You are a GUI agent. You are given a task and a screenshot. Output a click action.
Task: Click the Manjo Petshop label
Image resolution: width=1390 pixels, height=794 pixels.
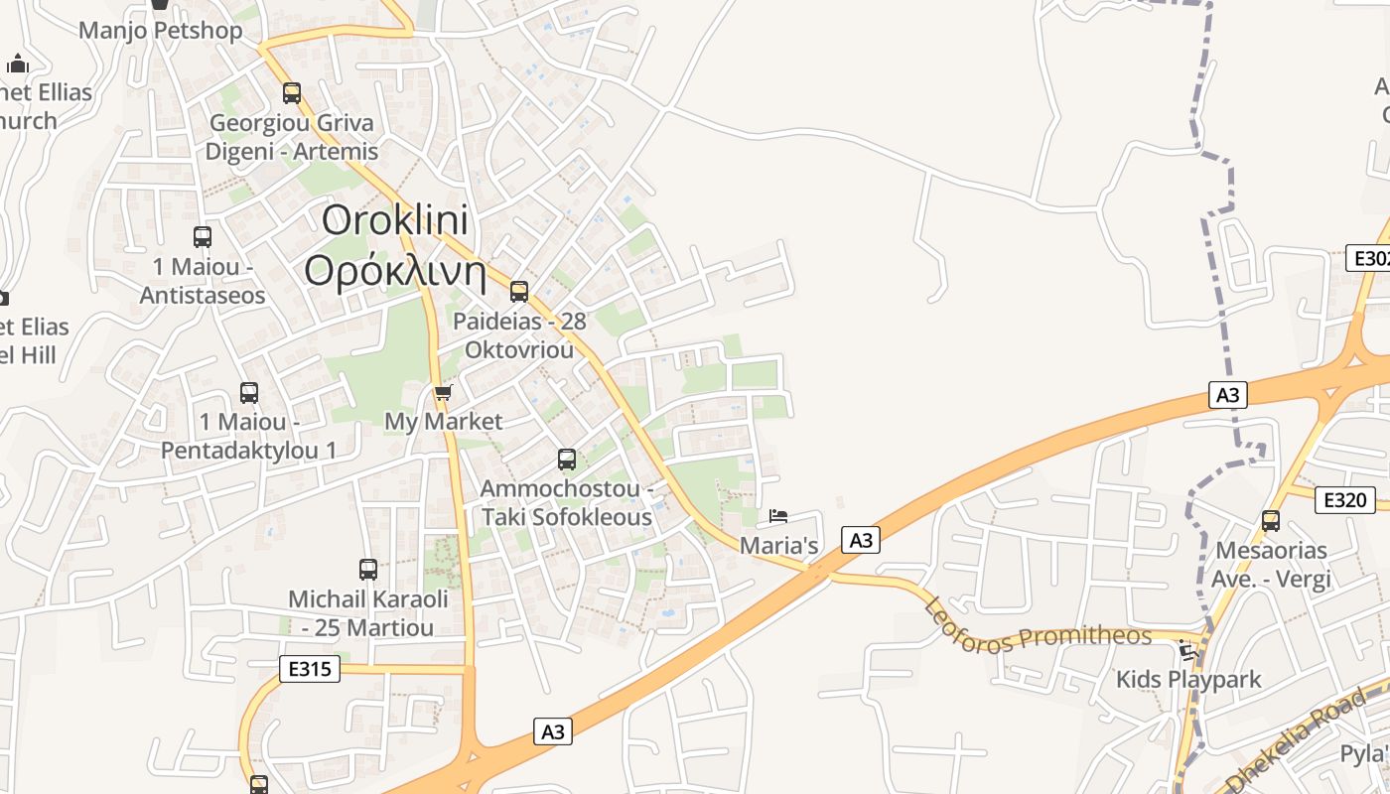160,31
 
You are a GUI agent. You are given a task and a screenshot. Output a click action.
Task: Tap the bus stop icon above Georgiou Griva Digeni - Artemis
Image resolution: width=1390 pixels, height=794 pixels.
292,93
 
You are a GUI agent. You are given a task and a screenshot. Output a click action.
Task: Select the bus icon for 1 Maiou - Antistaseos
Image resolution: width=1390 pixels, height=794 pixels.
203,237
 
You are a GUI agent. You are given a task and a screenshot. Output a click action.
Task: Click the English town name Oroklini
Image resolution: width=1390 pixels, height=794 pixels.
395,220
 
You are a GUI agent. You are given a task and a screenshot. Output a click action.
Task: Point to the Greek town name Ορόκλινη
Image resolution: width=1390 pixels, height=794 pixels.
395,271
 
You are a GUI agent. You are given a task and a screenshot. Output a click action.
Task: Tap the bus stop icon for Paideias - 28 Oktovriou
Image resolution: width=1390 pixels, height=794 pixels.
519,292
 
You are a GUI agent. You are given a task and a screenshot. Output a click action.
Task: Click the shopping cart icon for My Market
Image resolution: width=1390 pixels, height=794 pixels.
444,393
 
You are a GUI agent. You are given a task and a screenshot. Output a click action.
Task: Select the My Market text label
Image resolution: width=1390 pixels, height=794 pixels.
444,422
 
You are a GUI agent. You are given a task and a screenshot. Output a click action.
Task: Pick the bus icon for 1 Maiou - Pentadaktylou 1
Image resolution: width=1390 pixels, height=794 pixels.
249,393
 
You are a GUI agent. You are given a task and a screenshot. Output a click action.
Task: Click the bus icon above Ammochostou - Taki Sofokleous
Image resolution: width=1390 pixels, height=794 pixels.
567,460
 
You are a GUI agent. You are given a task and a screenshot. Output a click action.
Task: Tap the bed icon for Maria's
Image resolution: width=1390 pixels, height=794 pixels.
778,516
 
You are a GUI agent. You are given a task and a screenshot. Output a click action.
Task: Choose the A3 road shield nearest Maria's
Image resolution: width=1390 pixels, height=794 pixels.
861,540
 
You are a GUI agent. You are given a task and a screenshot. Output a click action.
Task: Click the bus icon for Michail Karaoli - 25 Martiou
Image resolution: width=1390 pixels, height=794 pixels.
368,570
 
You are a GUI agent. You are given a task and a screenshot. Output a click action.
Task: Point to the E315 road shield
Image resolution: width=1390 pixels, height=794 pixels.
309,669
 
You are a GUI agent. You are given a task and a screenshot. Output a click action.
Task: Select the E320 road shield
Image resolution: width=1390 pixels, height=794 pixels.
1344,500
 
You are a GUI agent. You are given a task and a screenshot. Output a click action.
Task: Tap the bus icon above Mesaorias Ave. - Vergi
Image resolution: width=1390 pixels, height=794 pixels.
1271,521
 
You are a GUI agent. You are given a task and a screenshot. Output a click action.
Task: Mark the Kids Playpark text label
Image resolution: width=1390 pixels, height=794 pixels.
1188,680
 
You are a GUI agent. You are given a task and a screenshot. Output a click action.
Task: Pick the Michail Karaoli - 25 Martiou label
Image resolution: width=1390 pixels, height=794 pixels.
368,613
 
